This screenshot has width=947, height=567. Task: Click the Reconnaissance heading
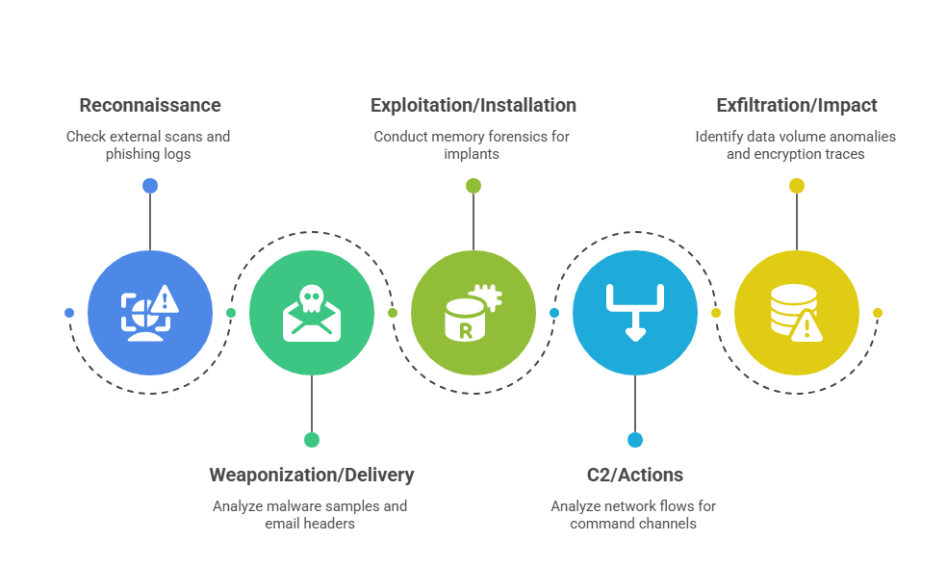pos(150,106)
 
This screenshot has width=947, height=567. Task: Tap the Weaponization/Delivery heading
pos(312,475)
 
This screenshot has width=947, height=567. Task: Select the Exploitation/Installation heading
pos(473,106)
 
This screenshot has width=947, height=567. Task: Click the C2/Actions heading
pos(635,475)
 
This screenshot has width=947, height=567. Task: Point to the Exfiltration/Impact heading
pos(797,106)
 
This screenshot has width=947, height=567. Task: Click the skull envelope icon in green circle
pos(312,313)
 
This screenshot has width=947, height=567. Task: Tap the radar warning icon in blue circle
pos(150,313)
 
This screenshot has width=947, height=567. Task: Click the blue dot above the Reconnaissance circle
pos(150,186)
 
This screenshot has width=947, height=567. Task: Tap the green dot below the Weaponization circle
pos(312,440)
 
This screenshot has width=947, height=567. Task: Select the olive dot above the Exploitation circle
pos(473,186)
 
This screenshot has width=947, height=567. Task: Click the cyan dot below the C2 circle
pos(635,440)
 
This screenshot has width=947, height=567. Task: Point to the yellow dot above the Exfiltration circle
pos(797,186)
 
